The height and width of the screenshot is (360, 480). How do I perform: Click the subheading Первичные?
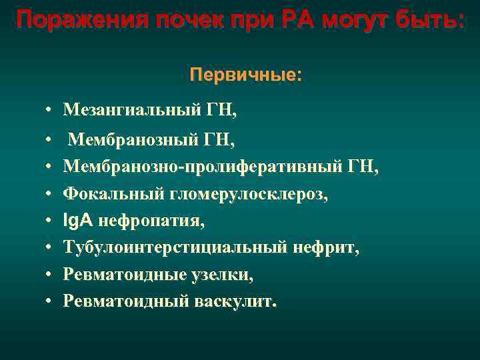(245, 74)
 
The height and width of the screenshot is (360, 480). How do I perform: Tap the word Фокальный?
(103, 194)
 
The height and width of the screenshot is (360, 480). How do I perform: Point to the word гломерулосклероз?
(237, 194)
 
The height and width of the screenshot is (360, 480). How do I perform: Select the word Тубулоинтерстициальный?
(175, 247)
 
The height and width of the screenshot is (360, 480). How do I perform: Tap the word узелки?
(222, 274)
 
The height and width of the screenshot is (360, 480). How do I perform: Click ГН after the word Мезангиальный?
(219, 109)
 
